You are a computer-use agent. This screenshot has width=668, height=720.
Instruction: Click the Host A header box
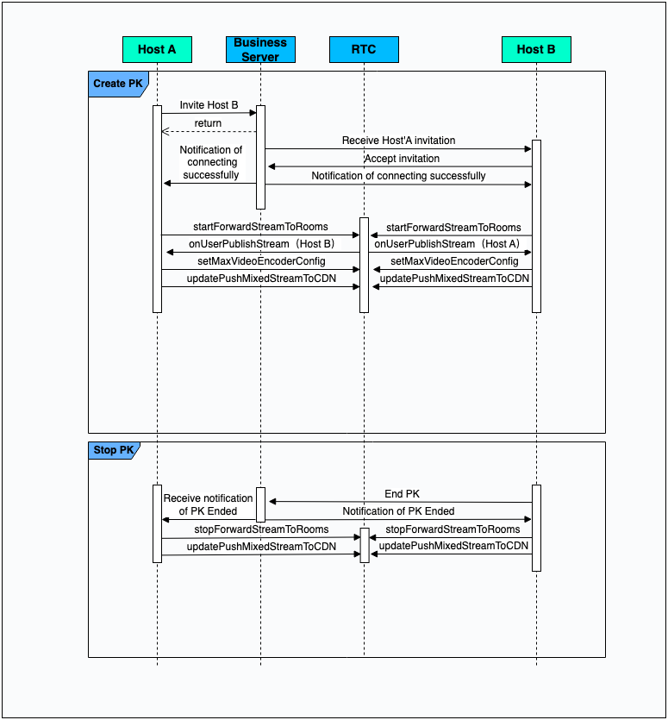click(x=157, y=49)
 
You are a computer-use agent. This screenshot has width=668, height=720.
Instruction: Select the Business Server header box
click(x=260, y=49)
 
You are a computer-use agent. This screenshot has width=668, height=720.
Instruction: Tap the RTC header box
click(x=364, y=49)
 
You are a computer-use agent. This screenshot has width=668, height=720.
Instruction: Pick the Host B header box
click(x=536, y=49)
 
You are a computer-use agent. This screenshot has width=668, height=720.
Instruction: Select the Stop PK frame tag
click(x=113, y=450)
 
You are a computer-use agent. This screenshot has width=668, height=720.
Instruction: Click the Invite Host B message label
click(x=209, y=105)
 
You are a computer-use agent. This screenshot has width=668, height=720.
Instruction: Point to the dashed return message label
click(x=208, y=123)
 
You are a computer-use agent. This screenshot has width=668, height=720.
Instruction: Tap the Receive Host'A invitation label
click(x=398, y=141)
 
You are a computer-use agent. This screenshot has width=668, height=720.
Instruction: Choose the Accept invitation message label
click(x=402, y=159)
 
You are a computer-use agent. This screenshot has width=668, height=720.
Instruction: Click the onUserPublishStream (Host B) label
click(x=261, y=244)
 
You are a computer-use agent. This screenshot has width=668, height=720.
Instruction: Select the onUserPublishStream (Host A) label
click(x=446, y=244)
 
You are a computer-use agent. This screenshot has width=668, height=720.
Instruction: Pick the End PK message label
click(x=402, y=494)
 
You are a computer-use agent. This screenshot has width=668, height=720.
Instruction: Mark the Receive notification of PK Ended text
click(x=208, y=504)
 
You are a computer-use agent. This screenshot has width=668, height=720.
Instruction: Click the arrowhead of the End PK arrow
click(x=272, y=502)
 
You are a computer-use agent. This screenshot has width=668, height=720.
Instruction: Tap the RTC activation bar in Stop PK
click(x=364, y=545)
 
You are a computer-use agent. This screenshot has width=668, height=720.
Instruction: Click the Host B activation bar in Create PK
click(x=536, y=226)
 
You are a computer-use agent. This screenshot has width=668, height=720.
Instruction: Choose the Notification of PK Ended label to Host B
click(x=398, y=511)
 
